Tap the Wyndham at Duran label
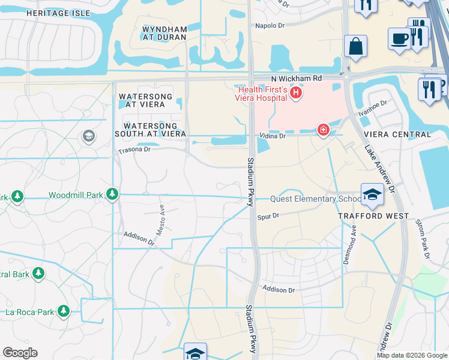tap(164, 33)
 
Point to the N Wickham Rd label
tap(296, 79)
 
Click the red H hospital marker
tap(296, 93)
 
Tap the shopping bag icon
tap(355, 46)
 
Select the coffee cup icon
tap(399, 38)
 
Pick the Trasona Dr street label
tap(133, 149)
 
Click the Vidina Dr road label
tap(272, 136)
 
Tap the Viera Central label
tap(397, 134)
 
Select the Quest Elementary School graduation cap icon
tap(372, 194)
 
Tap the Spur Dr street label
tap(268, 216)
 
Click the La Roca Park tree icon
tap(62, 311)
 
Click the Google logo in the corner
tap(20, 353)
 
